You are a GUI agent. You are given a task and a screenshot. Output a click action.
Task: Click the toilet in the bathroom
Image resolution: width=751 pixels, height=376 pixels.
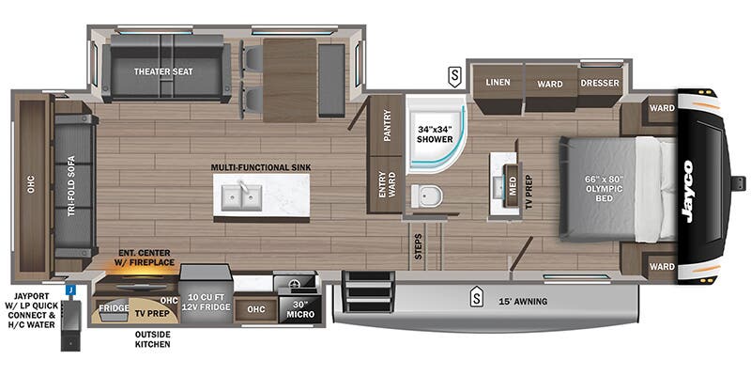click(427, 196)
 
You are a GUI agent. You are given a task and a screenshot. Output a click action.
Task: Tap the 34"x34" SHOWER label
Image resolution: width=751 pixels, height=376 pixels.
click(435, 134)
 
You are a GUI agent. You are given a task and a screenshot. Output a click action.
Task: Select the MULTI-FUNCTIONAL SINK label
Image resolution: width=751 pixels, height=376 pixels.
click(261, 167)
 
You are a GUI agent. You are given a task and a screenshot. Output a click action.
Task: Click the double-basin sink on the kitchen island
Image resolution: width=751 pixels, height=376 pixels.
click(241, 196)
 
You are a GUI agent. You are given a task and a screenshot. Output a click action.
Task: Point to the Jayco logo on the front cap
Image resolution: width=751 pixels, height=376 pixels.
click(688, 192)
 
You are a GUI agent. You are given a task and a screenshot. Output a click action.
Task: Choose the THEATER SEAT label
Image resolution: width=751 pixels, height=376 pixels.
click(163, 71)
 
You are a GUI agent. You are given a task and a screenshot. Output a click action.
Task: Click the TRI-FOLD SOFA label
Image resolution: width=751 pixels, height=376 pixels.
click(71, 186)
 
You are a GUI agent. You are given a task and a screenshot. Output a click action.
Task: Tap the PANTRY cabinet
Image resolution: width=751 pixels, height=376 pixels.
click(386, 125)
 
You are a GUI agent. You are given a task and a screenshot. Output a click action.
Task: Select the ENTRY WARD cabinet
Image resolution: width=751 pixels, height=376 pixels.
click(386, 184)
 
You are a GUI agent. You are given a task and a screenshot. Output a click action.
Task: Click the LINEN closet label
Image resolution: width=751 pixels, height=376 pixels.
click(498, 83)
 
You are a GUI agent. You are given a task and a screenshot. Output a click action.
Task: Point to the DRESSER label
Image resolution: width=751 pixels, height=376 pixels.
click(600, 83)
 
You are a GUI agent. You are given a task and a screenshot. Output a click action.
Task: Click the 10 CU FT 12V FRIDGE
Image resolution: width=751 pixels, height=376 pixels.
click(206, 296)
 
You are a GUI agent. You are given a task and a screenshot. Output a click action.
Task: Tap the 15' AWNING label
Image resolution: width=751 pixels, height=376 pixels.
click(522, 302)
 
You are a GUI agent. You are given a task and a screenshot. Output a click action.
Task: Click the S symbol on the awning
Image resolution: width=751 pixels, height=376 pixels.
click(476, 294)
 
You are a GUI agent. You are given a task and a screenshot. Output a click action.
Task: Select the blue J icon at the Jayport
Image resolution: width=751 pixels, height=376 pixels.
click(70, 290)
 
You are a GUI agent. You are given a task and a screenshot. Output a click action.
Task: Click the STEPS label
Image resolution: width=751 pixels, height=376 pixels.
click(418, 246)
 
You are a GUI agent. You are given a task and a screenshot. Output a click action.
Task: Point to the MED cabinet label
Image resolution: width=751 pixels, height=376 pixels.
click(513, 185)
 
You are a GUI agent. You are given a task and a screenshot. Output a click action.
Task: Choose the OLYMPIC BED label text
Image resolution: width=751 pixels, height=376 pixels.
click(604, 189)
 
